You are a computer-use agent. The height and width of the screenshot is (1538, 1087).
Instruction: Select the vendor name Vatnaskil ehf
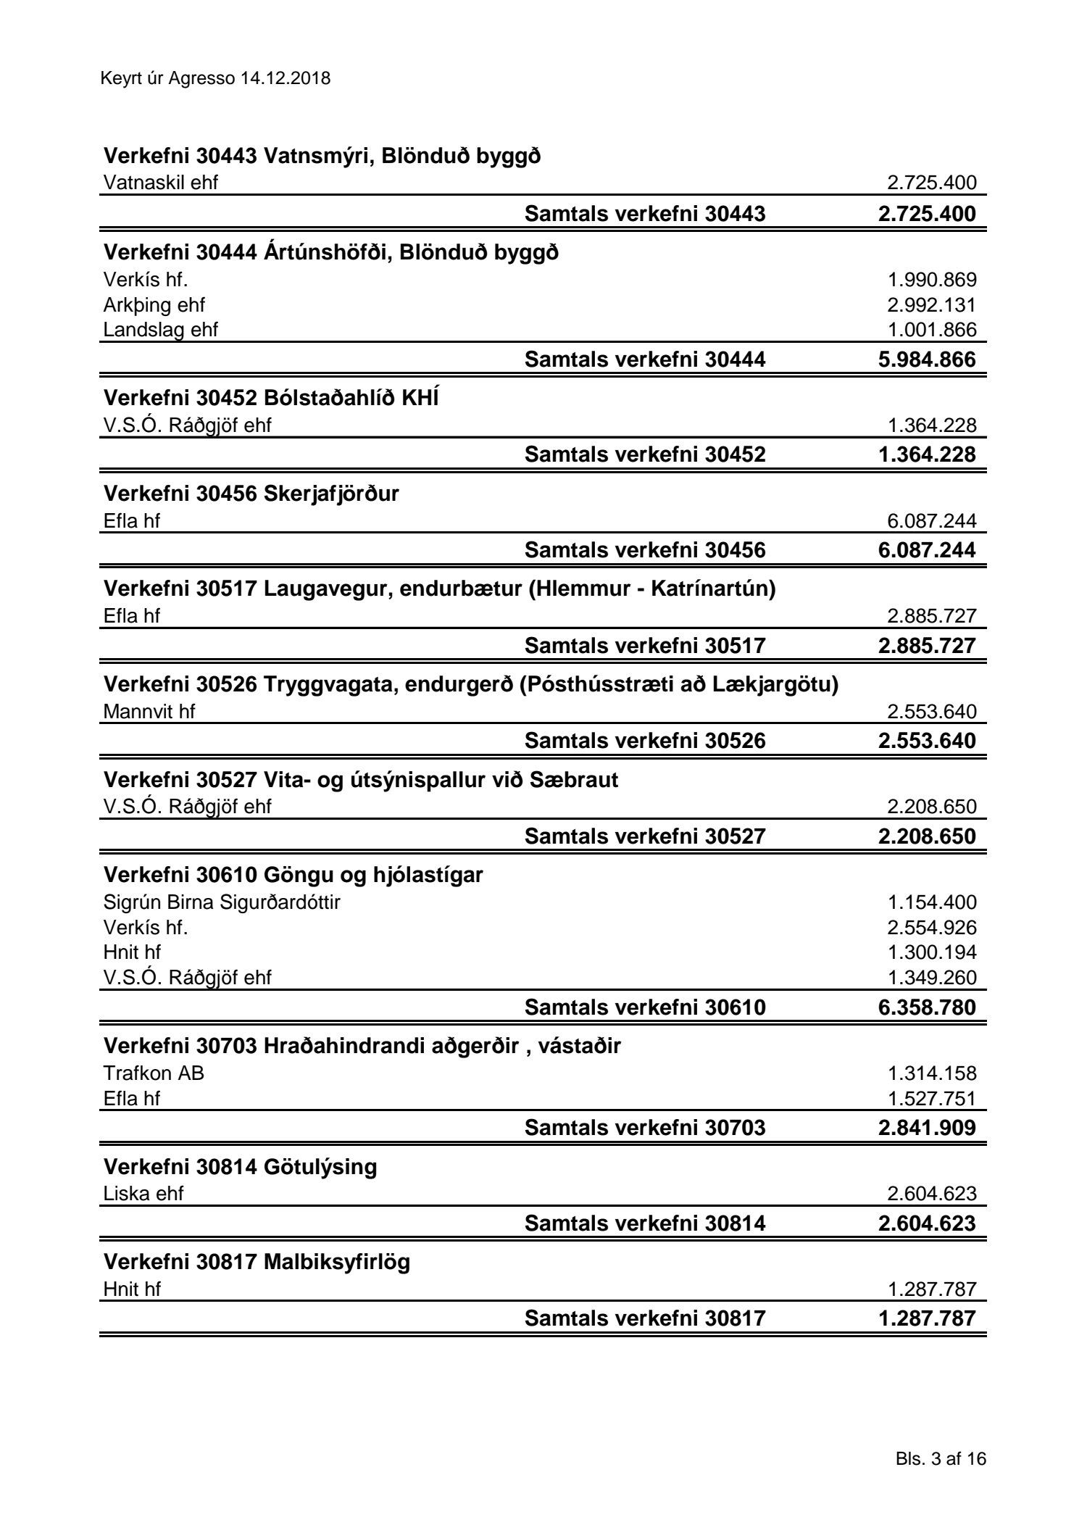click(x=160, y=183)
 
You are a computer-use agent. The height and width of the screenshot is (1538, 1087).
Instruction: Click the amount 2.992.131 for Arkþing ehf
click(x=932, y=305)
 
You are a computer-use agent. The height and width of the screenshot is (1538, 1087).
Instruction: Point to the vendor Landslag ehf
click(x=160, y=330)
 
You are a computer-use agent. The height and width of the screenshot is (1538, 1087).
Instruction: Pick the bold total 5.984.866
click(x=927, y=359)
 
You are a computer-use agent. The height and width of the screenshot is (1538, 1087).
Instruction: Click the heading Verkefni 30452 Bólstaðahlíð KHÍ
click(x=271, y=398)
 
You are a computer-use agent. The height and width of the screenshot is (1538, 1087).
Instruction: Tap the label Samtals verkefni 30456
click(x=644, y=550)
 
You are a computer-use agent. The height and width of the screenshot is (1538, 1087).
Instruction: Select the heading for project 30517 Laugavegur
click(x=439, y=589)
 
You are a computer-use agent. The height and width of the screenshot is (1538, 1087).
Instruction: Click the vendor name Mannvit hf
click(x=149, y=712)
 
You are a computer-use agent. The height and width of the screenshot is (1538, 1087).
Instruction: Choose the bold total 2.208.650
click(x=927, y=836)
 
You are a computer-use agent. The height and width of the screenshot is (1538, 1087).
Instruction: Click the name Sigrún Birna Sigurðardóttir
click(x=222, y=902)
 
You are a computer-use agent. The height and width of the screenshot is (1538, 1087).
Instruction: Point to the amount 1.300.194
click(x=932, y=952)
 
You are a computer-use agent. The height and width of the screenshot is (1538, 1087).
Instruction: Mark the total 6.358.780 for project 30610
click(x=927, y=1007)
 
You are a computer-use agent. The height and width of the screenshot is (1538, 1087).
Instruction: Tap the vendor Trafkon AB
click(x=154, y=1073)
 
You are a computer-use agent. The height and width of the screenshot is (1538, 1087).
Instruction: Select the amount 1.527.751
click(x=932, y=1099)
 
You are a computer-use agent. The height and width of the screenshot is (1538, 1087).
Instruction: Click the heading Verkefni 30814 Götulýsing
click(x=241, y=1167)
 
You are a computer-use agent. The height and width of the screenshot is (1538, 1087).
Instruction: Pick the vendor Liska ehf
click(x=143, y=1194)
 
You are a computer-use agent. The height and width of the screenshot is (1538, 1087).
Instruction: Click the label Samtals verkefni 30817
click(x=644, y=1318)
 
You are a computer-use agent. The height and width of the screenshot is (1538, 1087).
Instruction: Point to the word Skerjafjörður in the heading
click(x=331, y=494)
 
